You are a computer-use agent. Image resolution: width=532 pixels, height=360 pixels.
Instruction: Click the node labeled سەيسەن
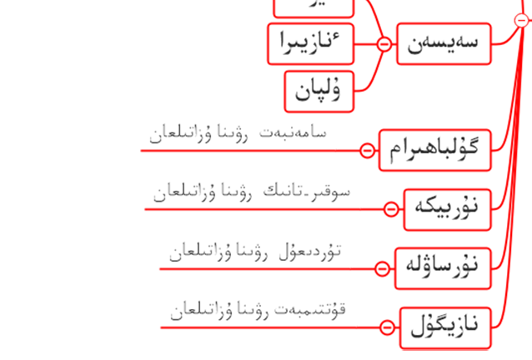point(442,43)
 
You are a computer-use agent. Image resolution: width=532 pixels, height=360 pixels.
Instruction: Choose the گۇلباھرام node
point(434,150)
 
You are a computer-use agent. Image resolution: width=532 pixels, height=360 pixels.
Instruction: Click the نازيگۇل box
point(444,327)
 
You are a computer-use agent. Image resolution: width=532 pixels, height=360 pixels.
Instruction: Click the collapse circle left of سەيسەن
point(384,44)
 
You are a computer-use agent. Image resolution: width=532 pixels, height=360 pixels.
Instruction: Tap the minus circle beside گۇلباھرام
point(367,150)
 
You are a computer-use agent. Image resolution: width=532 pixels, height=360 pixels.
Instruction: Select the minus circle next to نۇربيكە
point(390,209)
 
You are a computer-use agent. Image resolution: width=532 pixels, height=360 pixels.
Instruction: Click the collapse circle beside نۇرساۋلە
point(382,268)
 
